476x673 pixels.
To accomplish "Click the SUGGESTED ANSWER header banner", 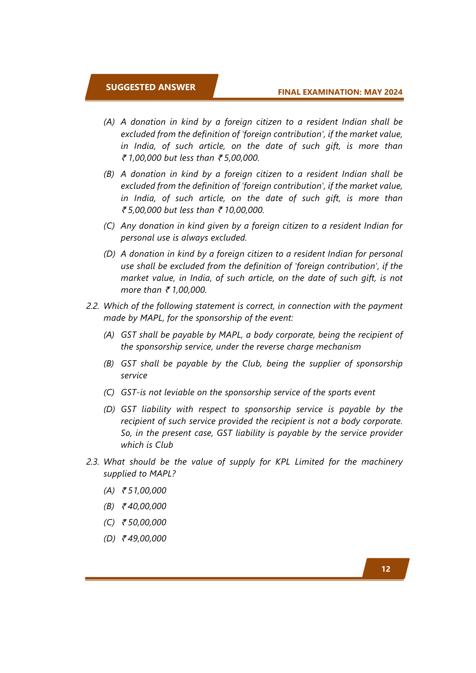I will (151, 87).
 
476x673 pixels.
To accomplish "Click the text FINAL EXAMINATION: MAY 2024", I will (340, 92).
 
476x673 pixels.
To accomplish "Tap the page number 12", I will (385, 569).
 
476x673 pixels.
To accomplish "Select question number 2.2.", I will (93, 306).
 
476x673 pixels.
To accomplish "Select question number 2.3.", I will (93, 462).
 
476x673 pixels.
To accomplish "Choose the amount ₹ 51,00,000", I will (144, 491).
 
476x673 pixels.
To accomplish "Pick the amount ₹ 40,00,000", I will (144, 506).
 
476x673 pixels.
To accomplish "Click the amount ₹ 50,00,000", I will (144, 523).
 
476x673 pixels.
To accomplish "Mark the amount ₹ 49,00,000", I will (144, 539).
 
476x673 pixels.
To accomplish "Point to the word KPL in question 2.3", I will (282, 462).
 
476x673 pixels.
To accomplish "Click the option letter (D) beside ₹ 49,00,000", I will (109, 539).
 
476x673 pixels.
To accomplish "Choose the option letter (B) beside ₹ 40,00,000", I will (109, 506).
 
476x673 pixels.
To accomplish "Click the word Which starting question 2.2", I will (115, 306).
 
